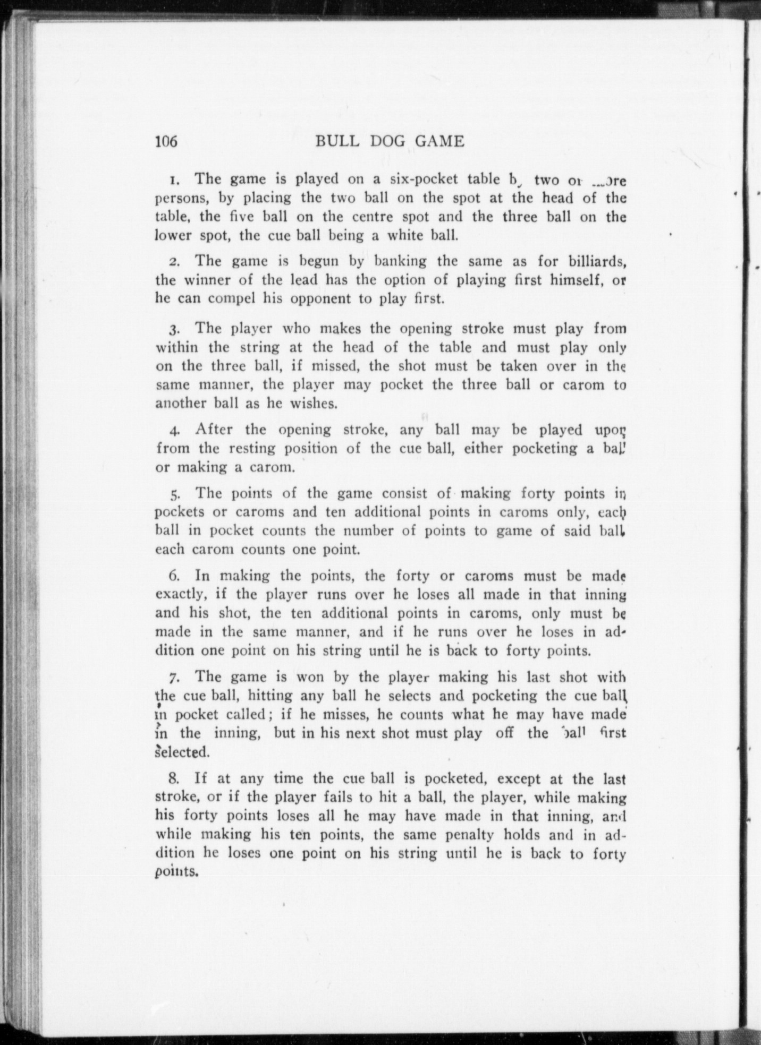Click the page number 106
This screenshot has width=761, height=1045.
coord(165,141)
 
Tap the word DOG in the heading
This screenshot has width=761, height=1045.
coord(378,141)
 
